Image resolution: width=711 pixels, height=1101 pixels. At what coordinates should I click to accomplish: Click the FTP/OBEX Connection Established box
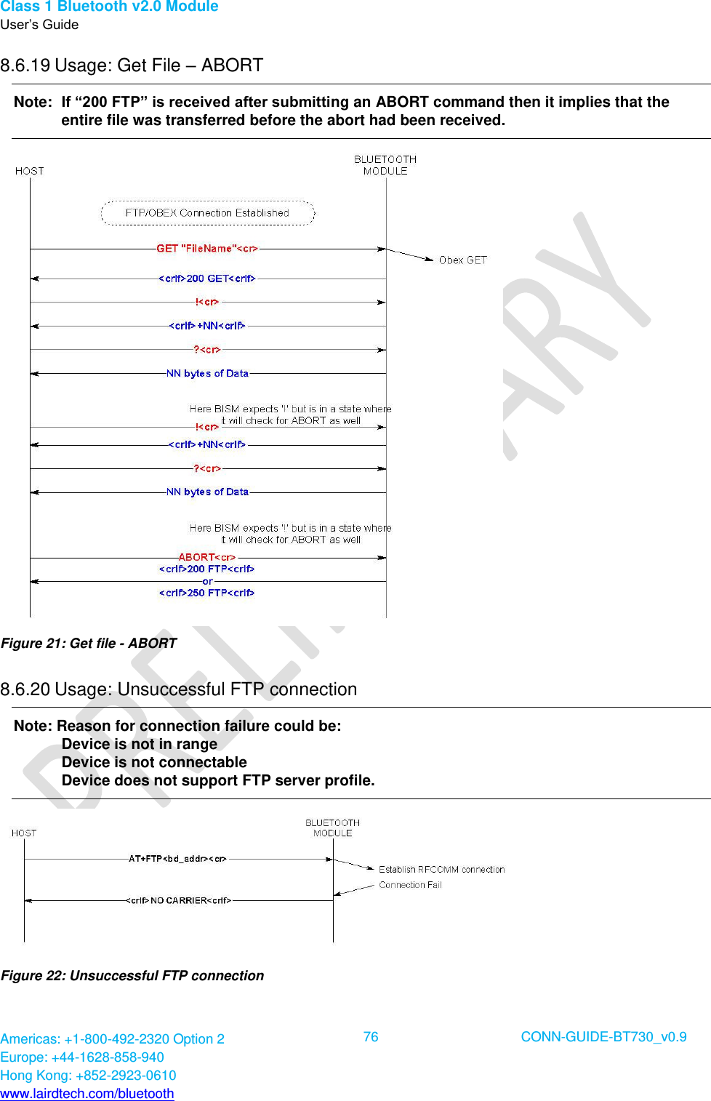tap(207, 213)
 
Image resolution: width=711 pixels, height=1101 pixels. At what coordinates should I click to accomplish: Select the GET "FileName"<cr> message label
tap(207, 249)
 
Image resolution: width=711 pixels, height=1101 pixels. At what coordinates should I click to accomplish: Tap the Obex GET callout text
tap(462, 260)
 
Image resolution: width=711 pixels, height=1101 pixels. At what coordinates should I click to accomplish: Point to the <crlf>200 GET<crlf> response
tap(207, 279)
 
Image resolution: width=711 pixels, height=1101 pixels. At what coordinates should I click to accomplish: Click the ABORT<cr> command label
tap(207, 557)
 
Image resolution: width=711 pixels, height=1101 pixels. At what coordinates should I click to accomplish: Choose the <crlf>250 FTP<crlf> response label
tap(207, 593)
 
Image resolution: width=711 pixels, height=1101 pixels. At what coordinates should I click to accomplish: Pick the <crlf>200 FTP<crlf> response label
tap(207, 569)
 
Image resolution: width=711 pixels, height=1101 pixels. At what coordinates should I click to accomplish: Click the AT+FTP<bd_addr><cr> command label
tap(177, 859)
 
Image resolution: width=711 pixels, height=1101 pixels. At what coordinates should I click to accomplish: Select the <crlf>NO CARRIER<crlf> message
tap(179, 900)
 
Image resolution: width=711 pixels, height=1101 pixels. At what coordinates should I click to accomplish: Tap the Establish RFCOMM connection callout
tap(441, 869)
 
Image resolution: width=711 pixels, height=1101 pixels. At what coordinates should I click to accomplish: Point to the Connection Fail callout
tap(410, 885)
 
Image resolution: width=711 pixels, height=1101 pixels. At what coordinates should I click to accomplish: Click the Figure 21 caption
tap(89, 643)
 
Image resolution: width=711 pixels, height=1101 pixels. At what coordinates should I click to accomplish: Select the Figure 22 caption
tap(132, 975)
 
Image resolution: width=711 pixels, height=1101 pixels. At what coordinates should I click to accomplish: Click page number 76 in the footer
tap(371, 1037)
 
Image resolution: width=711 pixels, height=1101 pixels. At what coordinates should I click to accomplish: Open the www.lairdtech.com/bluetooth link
tap(87, 1093)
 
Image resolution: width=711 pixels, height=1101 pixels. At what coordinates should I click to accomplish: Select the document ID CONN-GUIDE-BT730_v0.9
tap(603, 1037)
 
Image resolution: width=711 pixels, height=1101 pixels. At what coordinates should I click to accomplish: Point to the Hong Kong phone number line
tap(88, 1075)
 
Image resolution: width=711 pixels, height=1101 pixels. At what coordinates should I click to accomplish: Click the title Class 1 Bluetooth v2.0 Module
tap(109, 7)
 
